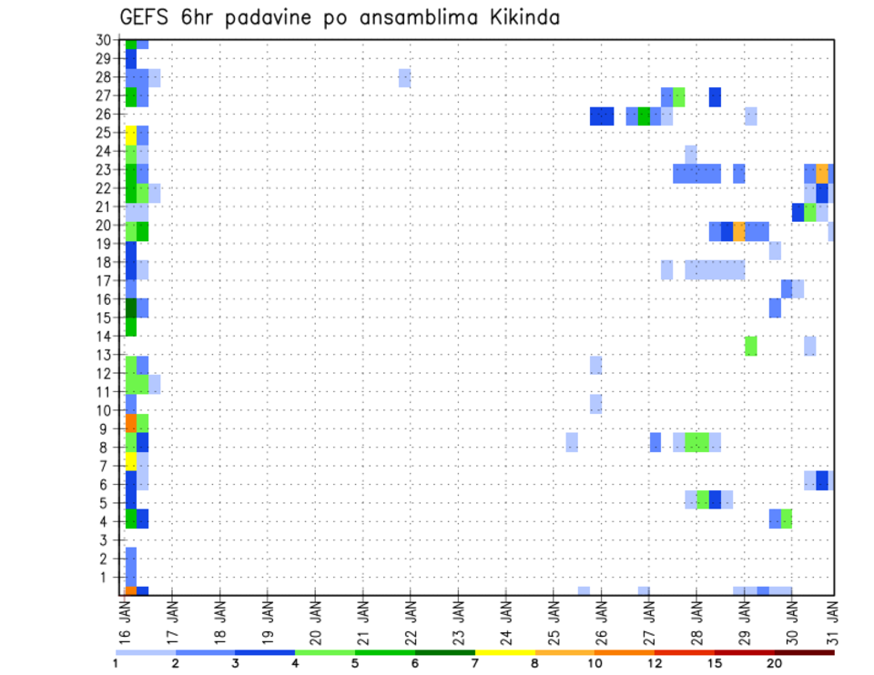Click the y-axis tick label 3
(106, 539)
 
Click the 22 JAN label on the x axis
(411, 622)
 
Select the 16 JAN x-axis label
(125, 622)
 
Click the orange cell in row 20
(738, 231)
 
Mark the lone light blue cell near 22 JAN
(404, 77)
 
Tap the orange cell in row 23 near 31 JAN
(822, 173)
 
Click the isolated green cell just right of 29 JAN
(750, 346)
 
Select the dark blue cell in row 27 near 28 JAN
(715, 96)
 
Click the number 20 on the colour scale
(775, 663)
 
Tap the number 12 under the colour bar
(655, 663)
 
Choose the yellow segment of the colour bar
(505, 651)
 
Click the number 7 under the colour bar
(476, 663)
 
